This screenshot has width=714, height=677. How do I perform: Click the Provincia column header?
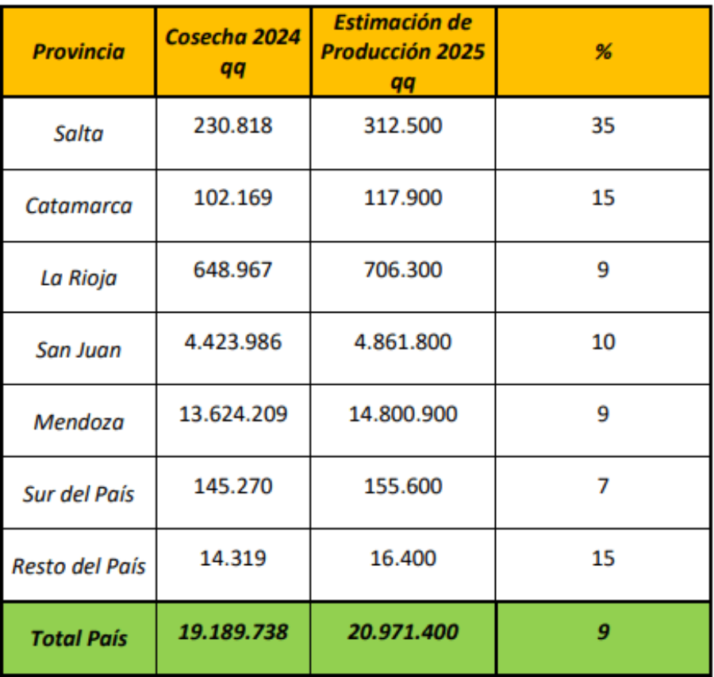click(x=79, y=52)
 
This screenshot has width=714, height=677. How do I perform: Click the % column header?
click(x=603, y=52)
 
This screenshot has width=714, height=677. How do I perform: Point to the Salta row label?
click(x=79, y=133)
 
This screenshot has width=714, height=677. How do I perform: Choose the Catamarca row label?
click(x=79, y=206)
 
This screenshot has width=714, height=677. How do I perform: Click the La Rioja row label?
click(x=79, y=279)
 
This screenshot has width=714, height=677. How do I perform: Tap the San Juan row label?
click(x=79, y=350)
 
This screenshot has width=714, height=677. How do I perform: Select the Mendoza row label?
click(x=79, y=421)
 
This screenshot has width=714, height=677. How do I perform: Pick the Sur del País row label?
click(x=79, y=494)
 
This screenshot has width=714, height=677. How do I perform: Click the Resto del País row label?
click(x=79, y=567)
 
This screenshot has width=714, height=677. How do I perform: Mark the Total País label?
click(x=79, y=638)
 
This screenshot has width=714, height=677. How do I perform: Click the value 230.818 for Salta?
click(x=232, y=125)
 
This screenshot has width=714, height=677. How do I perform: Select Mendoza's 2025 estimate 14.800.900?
click(x=403, y=414)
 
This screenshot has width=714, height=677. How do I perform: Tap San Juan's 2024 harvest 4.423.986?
click(x=232, y=342)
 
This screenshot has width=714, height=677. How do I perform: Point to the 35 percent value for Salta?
click(x=603, y=125)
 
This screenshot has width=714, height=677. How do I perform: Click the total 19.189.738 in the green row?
click(x=232, y=633)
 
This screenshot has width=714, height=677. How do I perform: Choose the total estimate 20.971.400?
click(x=403, y=633)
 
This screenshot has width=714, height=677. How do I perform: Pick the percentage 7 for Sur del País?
click(x=603, y=486)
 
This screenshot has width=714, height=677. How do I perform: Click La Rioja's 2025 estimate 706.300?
click(x=403, y=270)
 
